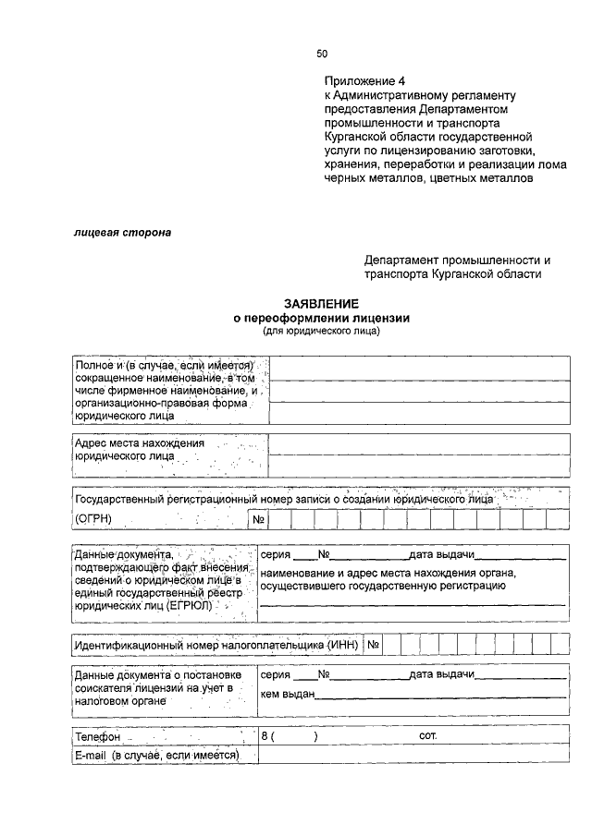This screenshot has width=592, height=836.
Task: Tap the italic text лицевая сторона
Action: (x=122, y=234)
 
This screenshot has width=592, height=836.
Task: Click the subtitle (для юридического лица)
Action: (x=321, y=330)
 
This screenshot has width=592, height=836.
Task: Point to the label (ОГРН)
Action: (x=92, y=519)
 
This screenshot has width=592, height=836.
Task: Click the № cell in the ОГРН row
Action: (x=258, y=519)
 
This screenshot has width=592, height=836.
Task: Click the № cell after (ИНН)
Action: (x=374, y=644)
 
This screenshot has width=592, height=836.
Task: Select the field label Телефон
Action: (x=98, y=738)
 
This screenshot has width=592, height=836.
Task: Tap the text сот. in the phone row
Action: (x=427, y=737)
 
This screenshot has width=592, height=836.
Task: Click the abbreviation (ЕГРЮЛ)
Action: (x=189, y=606)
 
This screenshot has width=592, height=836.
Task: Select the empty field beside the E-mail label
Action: (x=413, y=755)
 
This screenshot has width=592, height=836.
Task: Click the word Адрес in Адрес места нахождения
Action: (x=92, y=442)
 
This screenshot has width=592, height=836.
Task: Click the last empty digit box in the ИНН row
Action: (x=560, y=644)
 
